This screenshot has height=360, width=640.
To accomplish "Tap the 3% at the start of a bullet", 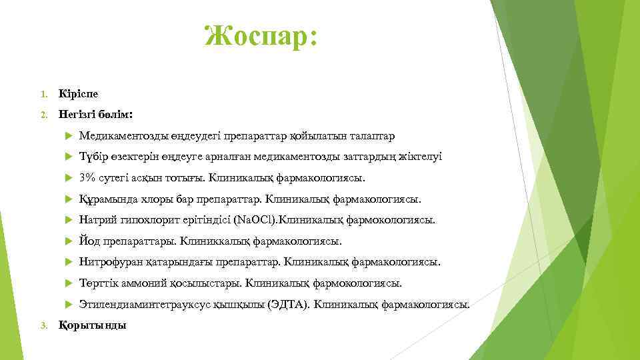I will pyautogui.click(x=87, y=178).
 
